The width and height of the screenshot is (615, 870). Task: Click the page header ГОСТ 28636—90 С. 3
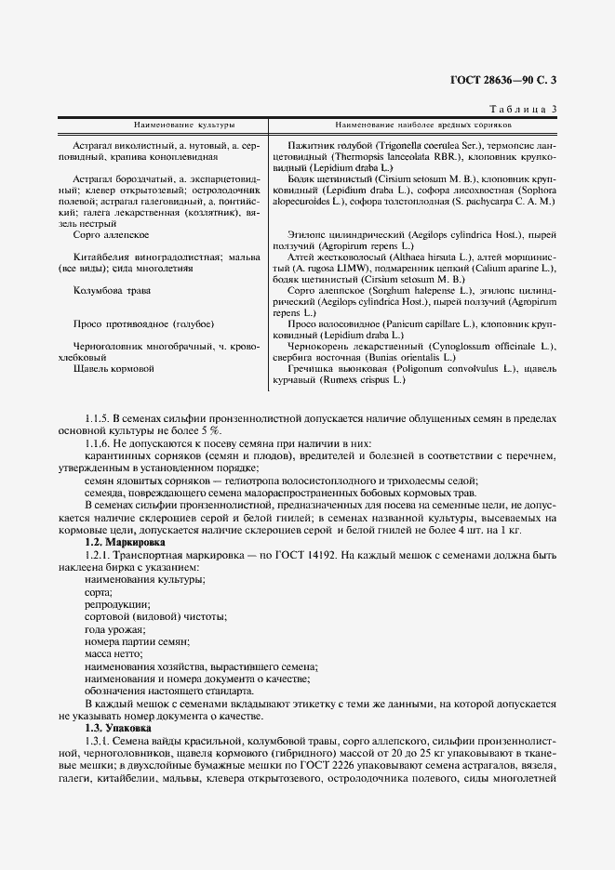503,80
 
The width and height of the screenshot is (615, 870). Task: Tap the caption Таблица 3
521,110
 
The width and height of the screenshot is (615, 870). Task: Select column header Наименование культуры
183,124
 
